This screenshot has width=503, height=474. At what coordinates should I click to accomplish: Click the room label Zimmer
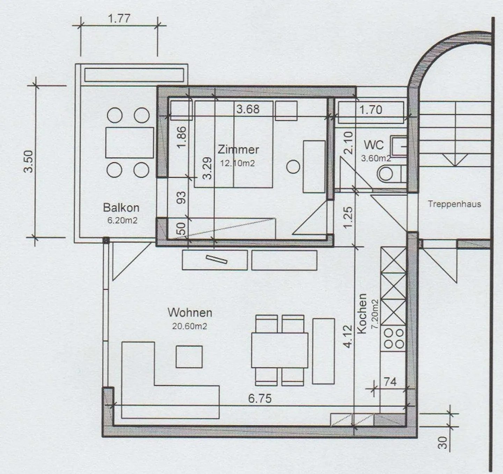pos(238,149)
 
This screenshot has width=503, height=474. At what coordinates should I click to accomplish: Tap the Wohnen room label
pos(190,312)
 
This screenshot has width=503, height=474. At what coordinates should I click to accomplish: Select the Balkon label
pos(121,208)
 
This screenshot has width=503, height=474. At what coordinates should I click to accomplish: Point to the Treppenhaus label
pos(454,204)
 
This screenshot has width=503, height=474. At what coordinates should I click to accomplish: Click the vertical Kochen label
pos(362,313)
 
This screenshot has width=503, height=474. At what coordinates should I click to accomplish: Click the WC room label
pos(373,145)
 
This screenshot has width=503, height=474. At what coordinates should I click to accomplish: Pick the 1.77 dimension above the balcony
pos(119,18)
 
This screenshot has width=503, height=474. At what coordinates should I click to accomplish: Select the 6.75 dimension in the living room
pos(260,398)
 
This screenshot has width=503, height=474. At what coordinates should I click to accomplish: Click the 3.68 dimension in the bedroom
pos(248,109)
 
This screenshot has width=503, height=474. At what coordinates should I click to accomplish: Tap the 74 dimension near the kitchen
pos(390,382)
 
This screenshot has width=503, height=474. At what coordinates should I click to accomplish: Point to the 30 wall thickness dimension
pos(443,443)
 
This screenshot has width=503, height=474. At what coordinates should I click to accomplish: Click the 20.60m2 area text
pos(189,326)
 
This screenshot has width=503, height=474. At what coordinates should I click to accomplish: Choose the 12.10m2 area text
pos(238,163)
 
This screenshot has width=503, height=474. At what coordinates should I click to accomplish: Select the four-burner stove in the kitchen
pos(394,339)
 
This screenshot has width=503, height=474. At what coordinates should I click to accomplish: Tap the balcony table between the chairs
pos(130,143)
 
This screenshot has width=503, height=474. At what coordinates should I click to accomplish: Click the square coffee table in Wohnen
pos(189,357)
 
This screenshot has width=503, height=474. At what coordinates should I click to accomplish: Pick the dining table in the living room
pos(279,350)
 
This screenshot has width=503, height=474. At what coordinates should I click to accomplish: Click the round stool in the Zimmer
pos(293,166)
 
